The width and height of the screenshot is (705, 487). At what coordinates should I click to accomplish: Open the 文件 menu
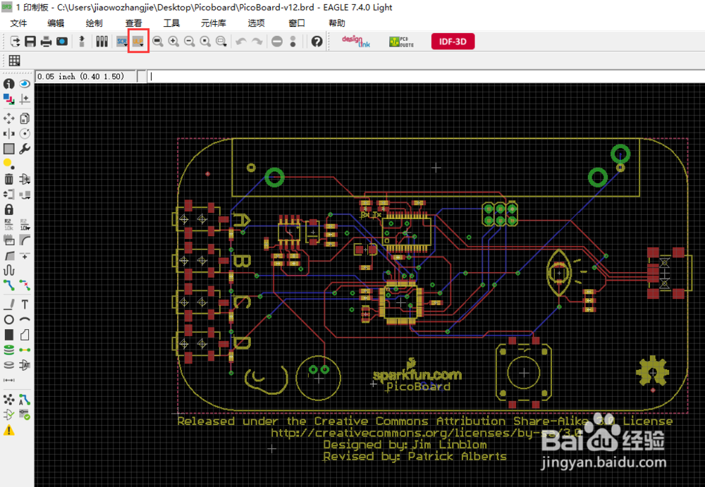coord(18,23)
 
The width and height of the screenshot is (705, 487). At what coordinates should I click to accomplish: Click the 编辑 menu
coord(56,23)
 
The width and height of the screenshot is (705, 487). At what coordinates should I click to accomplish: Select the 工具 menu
coord(171,23)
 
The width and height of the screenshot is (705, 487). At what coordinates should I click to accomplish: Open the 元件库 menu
coord(213,23)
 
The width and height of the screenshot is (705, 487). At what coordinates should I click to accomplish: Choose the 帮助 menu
coord(337,23)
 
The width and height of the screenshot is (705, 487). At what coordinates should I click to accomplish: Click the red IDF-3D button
coord(453,42)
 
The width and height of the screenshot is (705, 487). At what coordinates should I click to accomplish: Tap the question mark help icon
coord(317,42)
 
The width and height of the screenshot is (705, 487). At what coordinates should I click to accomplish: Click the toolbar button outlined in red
coord(138,42)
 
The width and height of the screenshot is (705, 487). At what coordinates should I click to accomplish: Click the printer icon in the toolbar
coord(46,42)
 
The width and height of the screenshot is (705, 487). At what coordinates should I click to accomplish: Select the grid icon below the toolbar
coord(14,60)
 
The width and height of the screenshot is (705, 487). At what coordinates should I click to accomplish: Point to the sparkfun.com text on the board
coord(417,375)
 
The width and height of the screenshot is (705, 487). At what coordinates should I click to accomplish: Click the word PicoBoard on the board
coord(418,386)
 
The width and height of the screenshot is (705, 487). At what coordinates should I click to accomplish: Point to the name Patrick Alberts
coord(457,456)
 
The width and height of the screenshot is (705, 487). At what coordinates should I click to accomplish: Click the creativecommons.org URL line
coord(427,433)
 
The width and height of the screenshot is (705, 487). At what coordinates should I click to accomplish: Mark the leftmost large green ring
coord(274,176)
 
